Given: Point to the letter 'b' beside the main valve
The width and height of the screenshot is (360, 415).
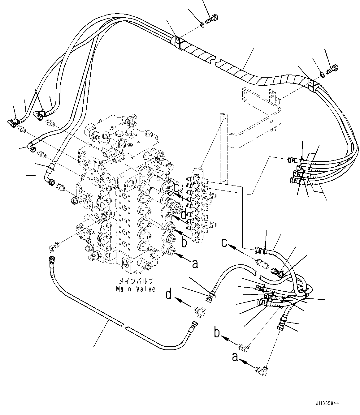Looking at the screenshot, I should tap(184, 243).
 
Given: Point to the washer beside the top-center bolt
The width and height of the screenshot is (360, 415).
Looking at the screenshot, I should tap(202, 24).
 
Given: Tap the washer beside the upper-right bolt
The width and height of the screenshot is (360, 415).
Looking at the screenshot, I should tap(322, 75).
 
